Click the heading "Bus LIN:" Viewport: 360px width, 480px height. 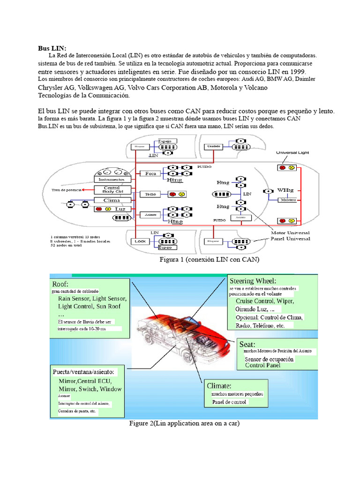click(x=52, y=48)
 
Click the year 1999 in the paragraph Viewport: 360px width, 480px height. click(x=297, y=72)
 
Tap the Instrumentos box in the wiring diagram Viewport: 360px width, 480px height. click(x=111, y=180)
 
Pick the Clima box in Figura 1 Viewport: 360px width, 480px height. click(x=111, y=200)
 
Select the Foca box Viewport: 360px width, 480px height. click(x=150, y=173)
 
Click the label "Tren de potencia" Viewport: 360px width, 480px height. click(x=67, y=190)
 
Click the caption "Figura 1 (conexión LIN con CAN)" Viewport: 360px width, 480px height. click(x=209, y=259)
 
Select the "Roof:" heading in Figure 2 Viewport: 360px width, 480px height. click(x=60, y=284)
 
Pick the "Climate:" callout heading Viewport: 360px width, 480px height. click(x=219, y=386)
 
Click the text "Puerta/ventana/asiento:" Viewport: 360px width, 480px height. click(x=83, y=372)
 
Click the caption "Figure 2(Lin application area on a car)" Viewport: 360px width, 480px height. click(x=185, y=424)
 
